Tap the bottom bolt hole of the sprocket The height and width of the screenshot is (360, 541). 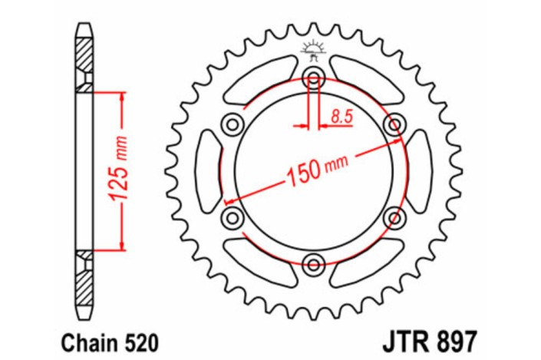(x=313, y=265)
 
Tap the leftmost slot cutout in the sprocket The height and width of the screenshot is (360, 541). (x=206, y=170)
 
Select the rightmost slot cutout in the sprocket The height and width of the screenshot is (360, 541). (x=420, y=170)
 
